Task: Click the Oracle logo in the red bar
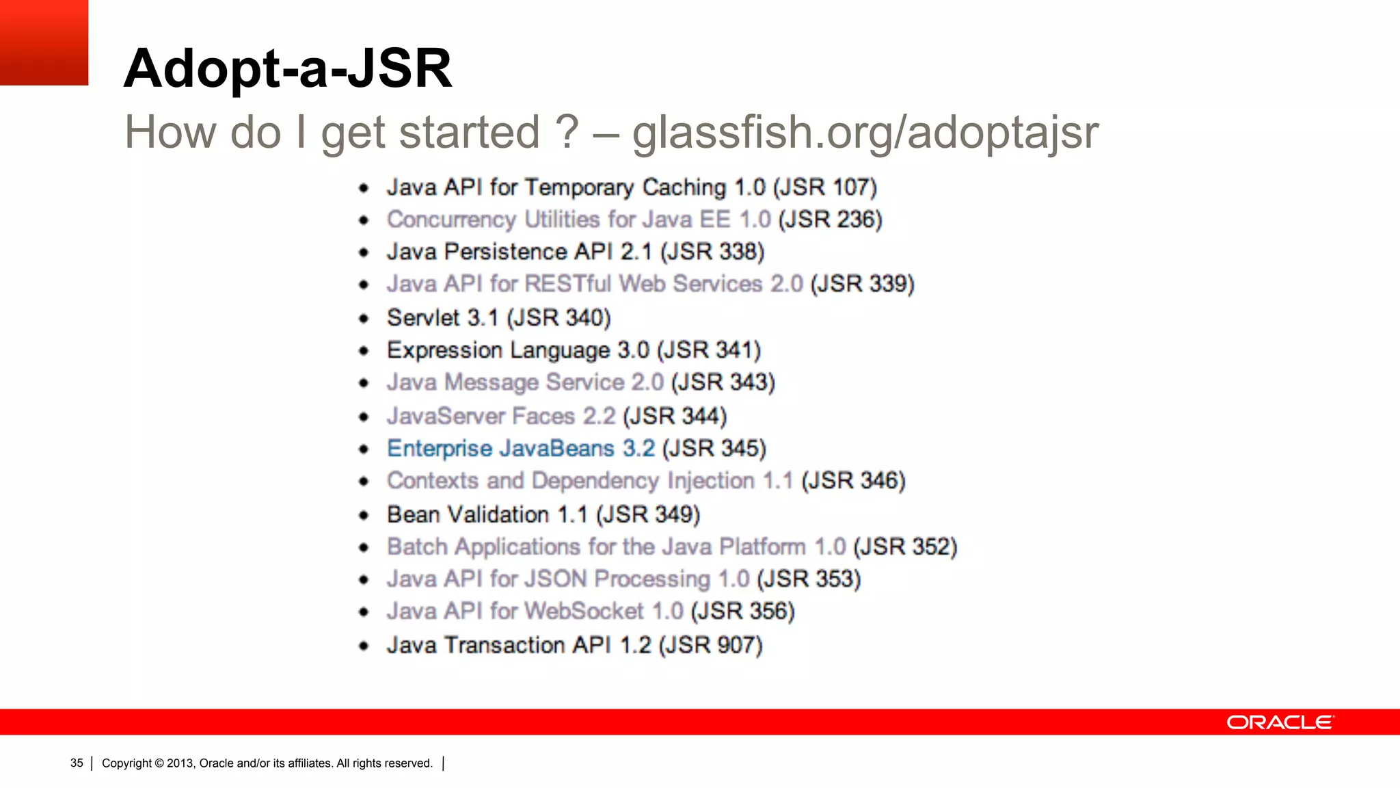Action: click(x=1279, y=722)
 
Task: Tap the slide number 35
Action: click(x=77, y=763)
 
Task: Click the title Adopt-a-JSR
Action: click(x=288, y=68)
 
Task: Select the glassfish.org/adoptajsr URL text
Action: click(x=865, y=132)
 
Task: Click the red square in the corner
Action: click(x=44, y=42)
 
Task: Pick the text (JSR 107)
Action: click(x=825, y=187)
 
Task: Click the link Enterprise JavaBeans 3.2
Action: click(x=521, y=449)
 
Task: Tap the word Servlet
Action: click(x=423, y=318)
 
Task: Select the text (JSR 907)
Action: click(x=710, y=645)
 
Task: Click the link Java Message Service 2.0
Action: click(x=525, y=382)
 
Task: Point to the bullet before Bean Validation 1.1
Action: click(x=364, y=515)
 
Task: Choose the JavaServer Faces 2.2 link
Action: click(x=501, y=416)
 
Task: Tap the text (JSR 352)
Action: click(x=905, y=547)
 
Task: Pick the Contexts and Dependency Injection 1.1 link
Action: click(x=590, y=481)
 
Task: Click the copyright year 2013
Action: click(x=180, y=763)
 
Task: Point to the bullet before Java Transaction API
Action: click(x=364, y=646)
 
